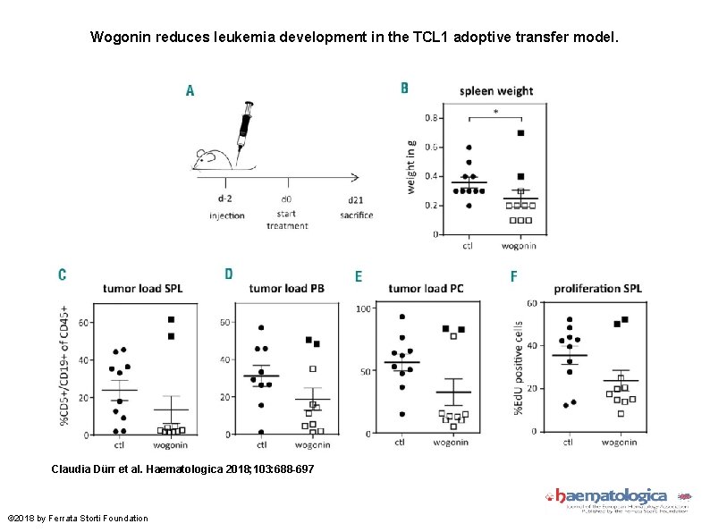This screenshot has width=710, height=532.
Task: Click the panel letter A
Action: [x=190, y=90]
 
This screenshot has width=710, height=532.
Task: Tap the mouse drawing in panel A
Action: [x=215, y=158]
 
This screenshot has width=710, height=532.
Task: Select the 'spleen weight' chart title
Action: [x=496, y=90]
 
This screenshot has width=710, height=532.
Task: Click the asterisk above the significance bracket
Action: [x=496, y=113]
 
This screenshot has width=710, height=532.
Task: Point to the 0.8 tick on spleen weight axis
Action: [x=431, y=118]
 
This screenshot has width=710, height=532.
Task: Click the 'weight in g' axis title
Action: [x=411, y=167]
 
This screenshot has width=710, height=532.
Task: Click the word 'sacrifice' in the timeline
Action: [x=356, y=215]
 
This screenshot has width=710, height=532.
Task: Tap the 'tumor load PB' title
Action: [x=287, y=288]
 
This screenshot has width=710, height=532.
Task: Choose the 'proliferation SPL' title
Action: [x=597, y=288]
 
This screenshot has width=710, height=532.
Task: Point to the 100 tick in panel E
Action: [x=364, y=309]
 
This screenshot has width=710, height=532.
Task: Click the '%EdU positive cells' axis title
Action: [x=518, y=367]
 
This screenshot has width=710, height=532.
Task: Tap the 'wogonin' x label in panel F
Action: [x=619, y=441]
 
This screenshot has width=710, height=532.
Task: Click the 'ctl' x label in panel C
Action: [x=119, y=443]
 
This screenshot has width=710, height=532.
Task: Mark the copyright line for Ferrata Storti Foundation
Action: [x=78, y=519]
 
